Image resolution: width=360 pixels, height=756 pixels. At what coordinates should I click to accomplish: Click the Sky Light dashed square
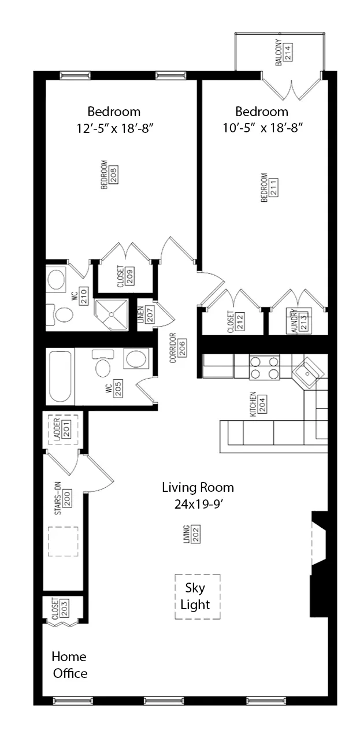(198, 596)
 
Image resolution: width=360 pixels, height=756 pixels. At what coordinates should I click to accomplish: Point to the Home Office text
(69, 665)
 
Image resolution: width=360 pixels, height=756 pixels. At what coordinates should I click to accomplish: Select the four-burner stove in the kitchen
(264, 368)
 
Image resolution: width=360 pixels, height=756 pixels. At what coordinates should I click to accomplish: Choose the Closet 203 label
(60, 609)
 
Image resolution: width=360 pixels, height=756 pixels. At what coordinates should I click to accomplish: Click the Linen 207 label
(145, 314)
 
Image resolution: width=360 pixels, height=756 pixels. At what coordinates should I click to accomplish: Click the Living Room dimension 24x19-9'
(198, 503)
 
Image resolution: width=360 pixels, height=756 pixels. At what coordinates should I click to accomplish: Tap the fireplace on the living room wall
(319, 564)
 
